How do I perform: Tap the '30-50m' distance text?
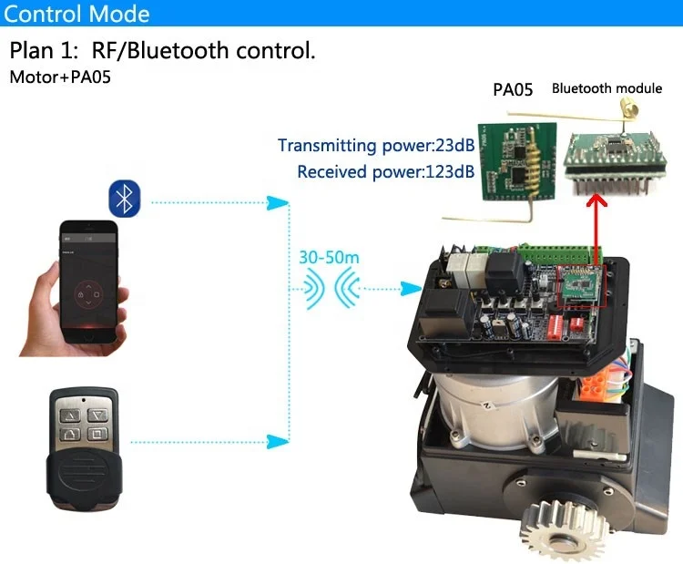(329, 257)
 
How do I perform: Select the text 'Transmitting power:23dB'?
(375, 146)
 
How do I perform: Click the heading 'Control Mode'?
(78, 15)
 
